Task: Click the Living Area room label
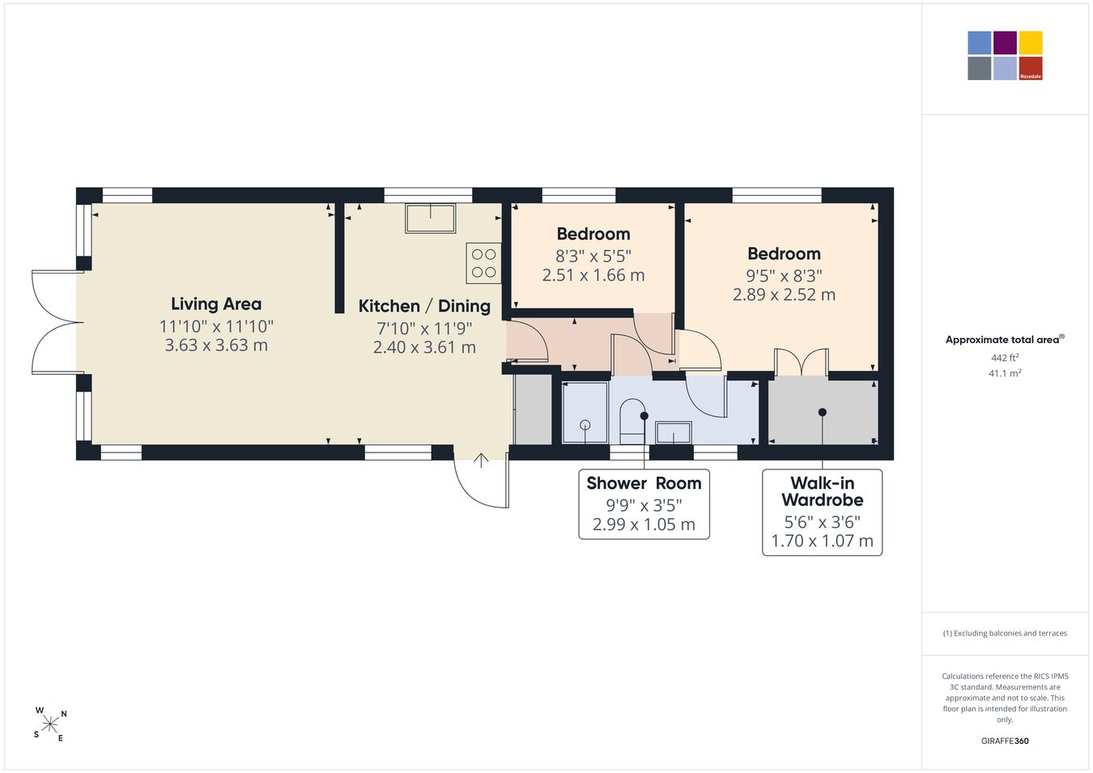216,304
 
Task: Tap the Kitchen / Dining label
424,306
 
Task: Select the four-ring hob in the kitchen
483,263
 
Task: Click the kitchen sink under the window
431,218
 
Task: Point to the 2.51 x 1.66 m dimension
593,275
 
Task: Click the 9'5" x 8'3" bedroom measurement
785,276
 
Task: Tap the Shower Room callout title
644,482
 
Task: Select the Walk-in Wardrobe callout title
823,491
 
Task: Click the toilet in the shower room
632,422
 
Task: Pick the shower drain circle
585,425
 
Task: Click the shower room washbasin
674,432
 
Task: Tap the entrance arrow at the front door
481,461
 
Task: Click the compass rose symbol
50,724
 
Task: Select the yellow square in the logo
1031,43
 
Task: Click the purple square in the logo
1006,43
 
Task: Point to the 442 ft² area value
1005,358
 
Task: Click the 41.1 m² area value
1005,373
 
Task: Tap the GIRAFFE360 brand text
1005,741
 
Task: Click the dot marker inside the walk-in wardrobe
823,412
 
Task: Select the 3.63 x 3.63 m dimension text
216,346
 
